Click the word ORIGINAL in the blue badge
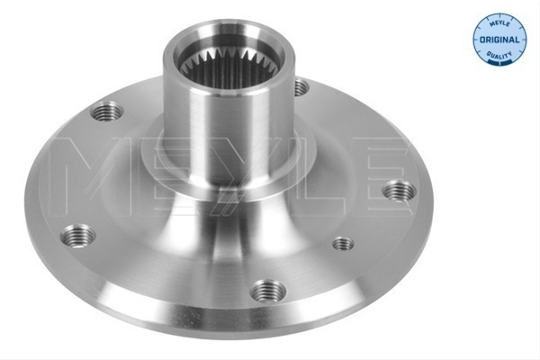(499, 40)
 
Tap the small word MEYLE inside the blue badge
(499, 23)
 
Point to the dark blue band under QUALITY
(499, 62)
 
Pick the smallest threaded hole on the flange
(343, 244)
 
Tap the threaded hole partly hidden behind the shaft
(301, 86)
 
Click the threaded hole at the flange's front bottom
(268, 292)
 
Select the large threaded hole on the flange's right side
(400, 190)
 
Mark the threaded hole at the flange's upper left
(107, 111)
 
